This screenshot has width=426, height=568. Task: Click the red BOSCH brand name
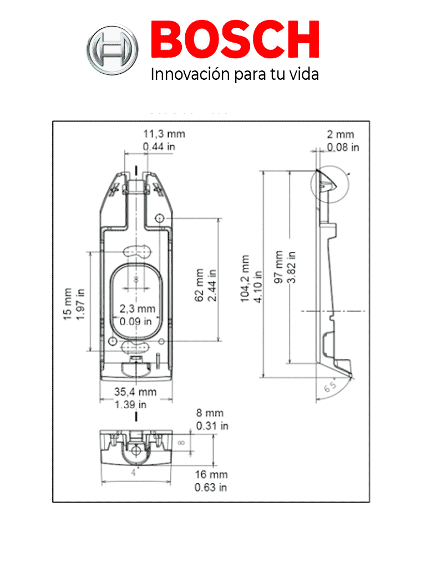click(235, 42)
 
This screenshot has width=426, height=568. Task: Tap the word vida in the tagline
click(305, 74)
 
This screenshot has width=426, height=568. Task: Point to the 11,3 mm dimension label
click(164, 134)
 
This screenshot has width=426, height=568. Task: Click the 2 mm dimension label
click(340, 134)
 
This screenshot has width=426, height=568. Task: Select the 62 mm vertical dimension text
click(199, 286)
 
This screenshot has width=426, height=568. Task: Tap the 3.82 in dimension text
click(291, 267)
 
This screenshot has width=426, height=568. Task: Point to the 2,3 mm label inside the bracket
click(138, 309)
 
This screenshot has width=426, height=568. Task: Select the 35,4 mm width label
click(135, 392)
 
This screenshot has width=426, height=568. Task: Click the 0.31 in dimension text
click(212, 426)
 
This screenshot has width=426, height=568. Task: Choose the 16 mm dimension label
click(211, 475)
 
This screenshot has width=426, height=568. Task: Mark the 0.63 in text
click(211, 488)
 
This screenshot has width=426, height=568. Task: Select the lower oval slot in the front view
click(135, 347)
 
